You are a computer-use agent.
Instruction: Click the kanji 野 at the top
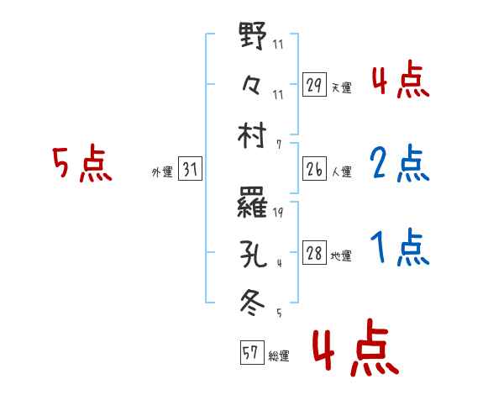pyautogui.click(x=254, y=38)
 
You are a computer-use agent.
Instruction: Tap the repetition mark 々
pyautogui.click(x=253, y=85)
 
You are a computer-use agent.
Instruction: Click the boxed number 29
pyautogui.click(x=314, y=85)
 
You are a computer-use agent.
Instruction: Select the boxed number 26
pyautogui.click(x=314, y=169)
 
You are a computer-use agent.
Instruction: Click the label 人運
pyautogui.click(x=342, y=171)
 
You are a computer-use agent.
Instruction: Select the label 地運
pyautogui.click(x=342, y=256)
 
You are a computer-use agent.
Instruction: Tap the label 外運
pyautogui.click(x=161, y=171)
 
